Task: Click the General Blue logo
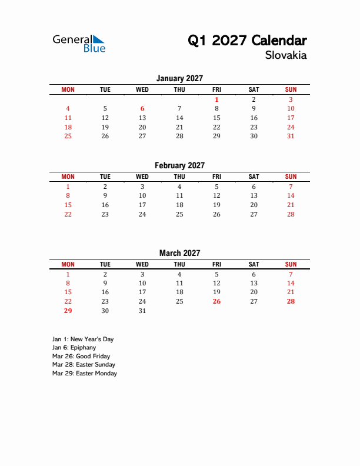pyautogui.click(x=79, y=44)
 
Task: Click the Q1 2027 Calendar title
pyautogui.click(x=247, y=41)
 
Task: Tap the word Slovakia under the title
pyautogui.click(x=286, y=56)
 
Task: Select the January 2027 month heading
pyautogui.click(x=179, y=78)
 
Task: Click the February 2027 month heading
pyautogui.click(x=179, y=165)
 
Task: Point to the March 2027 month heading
pyautogui.click(x=179, y=253)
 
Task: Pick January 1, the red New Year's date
pyautogui.click(x=216, y=99)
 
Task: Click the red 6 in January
pyautogui.click(x=142, y=108)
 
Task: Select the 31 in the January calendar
pyautogui.click(x=291, y=136)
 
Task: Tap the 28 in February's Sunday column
pyautogui.click(x=291, y=214)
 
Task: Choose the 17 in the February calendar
pyautogui.click(x=142, y=205)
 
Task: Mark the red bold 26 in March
pyautogui.click(x=216, y=301)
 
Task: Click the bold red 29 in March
pyautogui.click(x=68, y=311)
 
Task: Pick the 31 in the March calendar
pyautogui.click(x=142, y=311)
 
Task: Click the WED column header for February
pyautogui.click(x=142, y=177)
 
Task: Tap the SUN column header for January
pyautogui.click(x=291, y=89)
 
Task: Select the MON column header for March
pyautogui.click(x=68, y=264)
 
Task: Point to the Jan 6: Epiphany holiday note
pyautogui.click(x=74, y=348)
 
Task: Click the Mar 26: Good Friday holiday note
pyautogui.click(x=81, y=356)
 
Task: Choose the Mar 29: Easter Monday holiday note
pyautogui.click(x=85, y=373)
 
